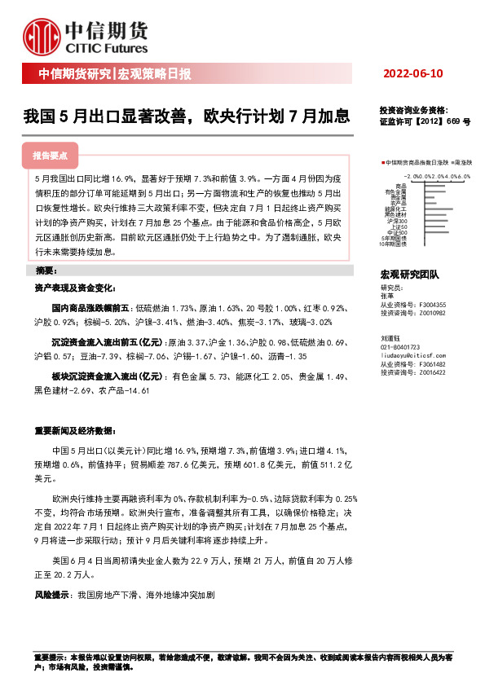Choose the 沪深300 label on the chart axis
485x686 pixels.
pyautogui.click(x=397, y=221)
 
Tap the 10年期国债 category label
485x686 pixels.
pyautogui.click(x=394, y=244)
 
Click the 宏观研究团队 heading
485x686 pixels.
pyautogui.click(x=409, y=275)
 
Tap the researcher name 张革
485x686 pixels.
pyautogui.click(x=387, y=297)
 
